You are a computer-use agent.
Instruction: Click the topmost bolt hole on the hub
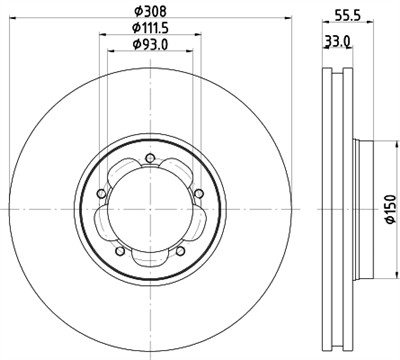coord(150,157)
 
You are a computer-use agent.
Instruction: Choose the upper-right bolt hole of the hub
coord(199,192)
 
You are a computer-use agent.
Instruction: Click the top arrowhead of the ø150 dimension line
coord(379,140)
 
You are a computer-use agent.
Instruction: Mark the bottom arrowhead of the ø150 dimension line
coord(379,274)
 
